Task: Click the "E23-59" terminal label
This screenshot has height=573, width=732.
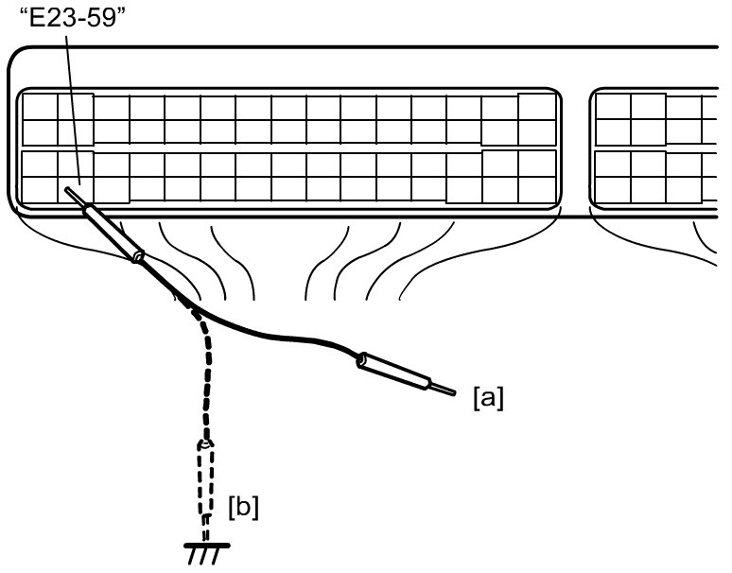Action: coord(73,19)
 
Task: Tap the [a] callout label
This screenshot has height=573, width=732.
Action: coord(488,398)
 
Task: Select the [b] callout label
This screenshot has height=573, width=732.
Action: coord(243,507)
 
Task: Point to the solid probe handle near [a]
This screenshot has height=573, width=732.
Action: coord(393,372)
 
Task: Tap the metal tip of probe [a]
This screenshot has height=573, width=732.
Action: coord(443,389)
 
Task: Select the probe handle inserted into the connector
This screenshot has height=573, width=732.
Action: coord(113,234)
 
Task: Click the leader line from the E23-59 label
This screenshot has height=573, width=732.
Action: coord(73,110)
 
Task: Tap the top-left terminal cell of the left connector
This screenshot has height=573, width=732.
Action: coord(40,107)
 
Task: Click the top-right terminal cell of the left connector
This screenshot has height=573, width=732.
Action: coord(537,107)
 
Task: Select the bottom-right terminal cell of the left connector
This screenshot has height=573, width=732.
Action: coord(537,190)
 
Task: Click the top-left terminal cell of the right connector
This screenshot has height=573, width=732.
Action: coord(613,107)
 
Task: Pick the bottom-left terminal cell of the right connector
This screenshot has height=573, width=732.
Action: coord(613,190)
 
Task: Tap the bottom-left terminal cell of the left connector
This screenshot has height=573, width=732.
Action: coord(40,190)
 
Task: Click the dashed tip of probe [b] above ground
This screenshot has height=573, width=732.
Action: coord(205,527)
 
